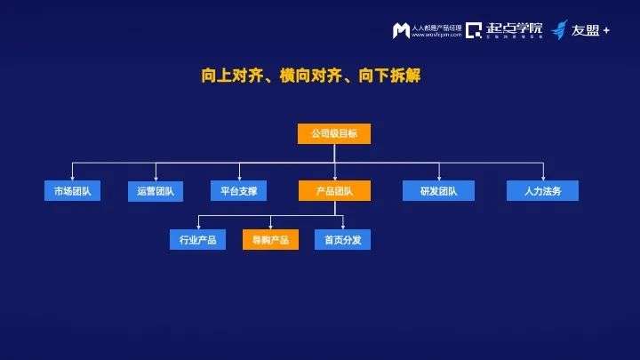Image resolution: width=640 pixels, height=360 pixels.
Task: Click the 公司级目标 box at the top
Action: pos(333,133)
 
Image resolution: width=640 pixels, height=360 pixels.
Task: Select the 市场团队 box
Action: pos(73,190)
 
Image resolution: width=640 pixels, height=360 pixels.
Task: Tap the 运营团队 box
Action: pos(156,190)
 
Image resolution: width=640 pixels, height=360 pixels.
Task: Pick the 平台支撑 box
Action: pos(238,190)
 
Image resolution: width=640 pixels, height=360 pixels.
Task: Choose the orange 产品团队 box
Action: pos(333,190)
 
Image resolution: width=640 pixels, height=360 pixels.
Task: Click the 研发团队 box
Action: pos(428,190)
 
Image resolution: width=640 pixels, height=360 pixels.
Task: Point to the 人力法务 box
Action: pos(542,190)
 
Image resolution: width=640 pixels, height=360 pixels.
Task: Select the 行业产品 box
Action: pos(197,239)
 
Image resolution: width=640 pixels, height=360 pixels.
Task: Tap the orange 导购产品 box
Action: pos(270,239)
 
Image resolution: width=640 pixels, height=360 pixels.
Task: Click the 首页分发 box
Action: pos(342,239)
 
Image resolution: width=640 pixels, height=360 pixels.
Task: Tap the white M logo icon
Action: pos(401,31)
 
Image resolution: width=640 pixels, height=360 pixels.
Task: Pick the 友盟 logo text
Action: pos(585,30)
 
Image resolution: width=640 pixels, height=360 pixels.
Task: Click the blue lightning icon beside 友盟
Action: pos(559,30)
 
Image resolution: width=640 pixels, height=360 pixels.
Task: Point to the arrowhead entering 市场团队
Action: pos(73,178)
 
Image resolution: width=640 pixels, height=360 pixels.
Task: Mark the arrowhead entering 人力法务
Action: pos(542,178)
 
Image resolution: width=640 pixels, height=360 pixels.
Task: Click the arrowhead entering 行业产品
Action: pos(197,227)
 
